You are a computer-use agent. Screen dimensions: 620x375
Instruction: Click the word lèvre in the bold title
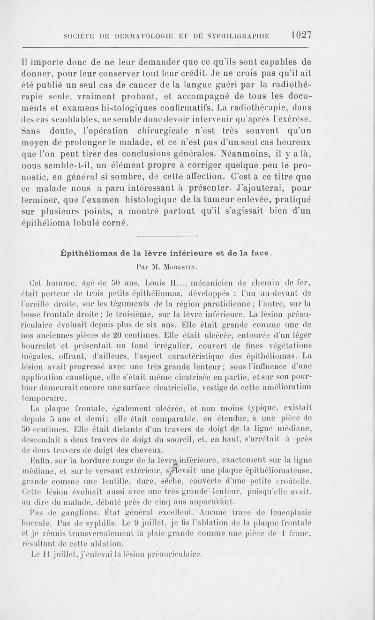(x=160, y=253)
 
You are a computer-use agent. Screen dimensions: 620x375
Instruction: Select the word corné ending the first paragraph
(x=113, y=224)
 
